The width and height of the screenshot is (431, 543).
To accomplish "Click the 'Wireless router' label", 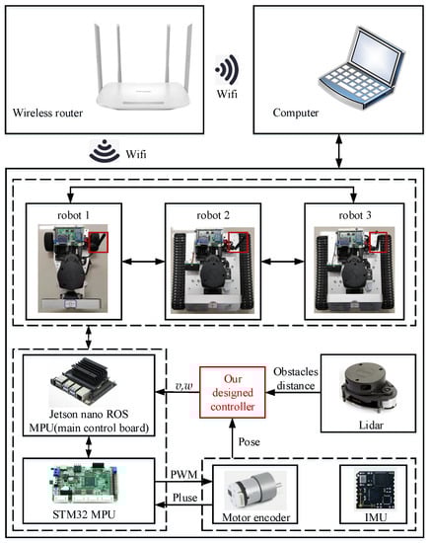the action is tap(47, 113).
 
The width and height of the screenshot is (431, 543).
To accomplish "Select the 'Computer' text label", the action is tap(296, 113).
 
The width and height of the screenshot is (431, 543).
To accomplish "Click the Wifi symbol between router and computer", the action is tap(227, 69).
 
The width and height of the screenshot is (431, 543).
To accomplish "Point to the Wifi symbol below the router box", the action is tap(105, 151).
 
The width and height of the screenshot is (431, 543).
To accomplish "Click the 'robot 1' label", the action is tap(74, 215).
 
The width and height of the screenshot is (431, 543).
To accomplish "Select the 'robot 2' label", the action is tap(213, 215).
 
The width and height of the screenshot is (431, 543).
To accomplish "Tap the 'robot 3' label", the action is tap(355, 215).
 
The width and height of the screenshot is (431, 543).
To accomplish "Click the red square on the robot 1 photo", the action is tap(99, 242).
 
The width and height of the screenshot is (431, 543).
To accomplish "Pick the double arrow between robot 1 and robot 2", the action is tap(144, 261).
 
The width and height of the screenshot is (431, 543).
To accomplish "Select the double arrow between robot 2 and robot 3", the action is tap(283, 261).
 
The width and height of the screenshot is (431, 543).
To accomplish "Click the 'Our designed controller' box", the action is tap(233, 392).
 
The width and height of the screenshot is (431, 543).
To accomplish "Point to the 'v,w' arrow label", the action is tap(183, 386).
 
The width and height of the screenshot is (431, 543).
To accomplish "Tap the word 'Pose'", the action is tap(250, 442).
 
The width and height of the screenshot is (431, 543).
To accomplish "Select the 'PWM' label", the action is tap(183, 474).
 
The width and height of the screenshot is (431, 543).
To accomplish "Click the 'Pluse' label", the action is tap(185, 498).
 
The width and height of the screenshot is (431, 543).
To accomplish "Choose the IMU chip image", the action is tap(375, 490).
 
